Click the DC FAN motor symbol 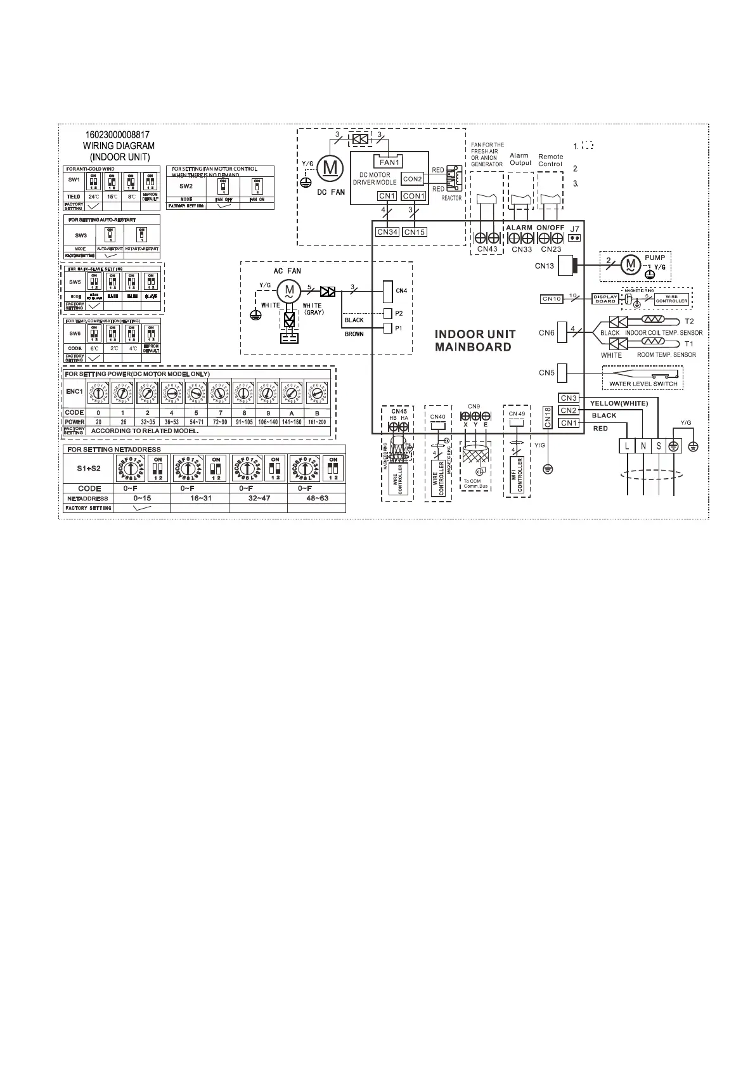tap(330, 167)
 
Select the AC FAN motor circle tap(289, 290)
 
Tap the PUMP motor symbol tap(630, 263)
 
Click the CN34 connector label tap(387, 232)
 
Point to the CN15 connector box tap(414, 232)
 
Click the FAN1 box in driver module tap(389, 162)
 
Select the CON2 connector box tap(412, 179)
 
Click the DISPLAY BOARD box tap(605, 299)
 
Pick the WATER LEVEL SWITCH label tap(643, 384)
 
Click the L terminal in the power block tap(627, 446)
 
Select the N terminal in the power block tap(643, 446)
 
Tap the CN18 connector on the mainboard tap(548, 417)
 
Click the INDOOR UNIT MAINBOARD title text tap(475, 341)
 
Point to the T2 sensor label tap(689, 322)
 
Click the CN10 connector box tap(552, 298)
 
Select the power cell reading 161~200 tap(317, 422)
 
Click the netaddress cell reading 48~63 tap(316, 498)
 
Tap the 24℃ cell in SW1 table tap(93, 197)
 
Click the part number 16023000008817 tap(118, 135)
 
